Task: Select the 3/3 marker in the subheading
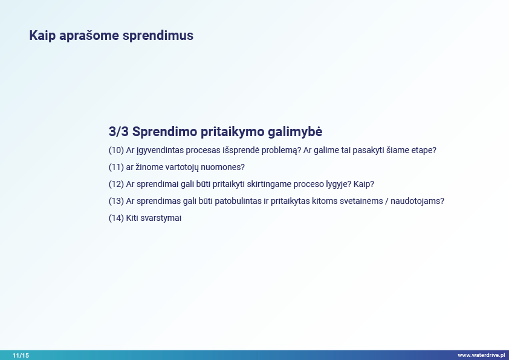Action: tap(118, 131)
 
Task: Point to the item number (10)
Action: tap(116, 150)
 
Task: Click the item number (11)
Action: tap(116, 167)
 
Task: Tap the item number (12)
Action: tap(116, 184)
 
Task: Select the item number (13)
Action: tap(116, 201)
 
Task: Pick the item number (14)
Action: tap(116, 218)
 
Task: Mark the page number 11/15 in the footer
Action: tap(21, 355)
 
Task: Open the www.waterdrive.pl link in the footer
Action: tap(481, 355)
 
